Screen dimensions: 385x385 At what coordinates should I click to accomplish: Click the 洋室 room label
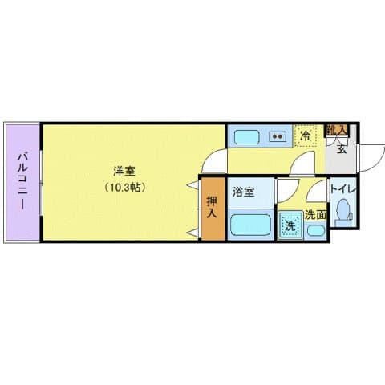click(x=123, y=171)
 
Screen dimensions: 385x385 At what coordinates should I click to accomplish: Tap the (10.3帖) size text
click(x=123, y=188)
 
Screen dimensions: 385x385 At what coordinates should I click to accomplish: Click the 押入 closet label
click(x=212, y=207)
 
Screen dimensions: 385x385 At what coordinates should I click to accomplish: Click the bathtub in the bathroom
click(x=250, y=225)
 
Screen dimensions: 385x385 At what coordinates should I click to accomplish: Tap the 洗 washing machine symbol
click(x=290, y=225)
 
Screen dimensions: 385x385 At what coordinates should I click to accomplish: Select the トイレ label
click(x=346, y=189)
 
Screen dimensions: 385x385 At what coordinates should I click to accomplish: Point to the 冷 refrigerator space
click(x=305, y=136)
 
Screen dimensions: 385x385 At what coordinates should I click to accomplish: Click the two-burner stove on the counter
click(x=278, y=136)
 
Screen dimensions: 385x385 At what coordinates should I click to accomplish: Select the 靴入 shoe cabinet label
click(x=336, y=129)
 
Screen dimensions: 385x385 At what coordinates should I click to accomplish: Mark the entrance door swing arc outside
click(x=369, y=156)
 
